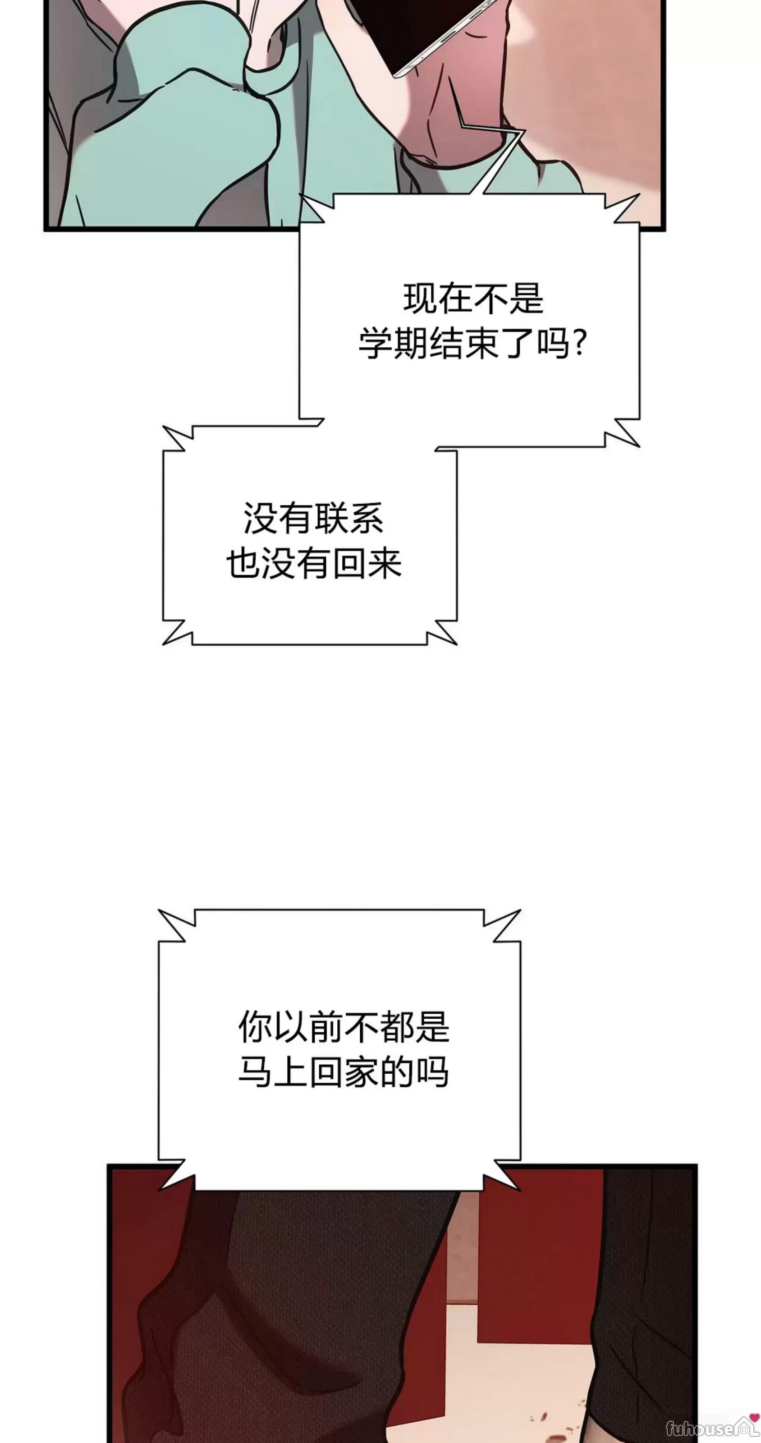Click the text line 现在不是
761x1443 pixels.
[x=473, y=298]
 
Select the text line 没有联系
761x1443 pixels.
[x=314, y=518]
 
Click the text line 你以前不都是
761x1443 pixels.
[x=344, y=1026]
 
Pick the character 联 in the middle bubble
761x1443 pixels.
[x=331, y=518]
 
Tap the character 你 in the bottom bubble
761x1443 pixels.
[x=255, y=1026]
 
